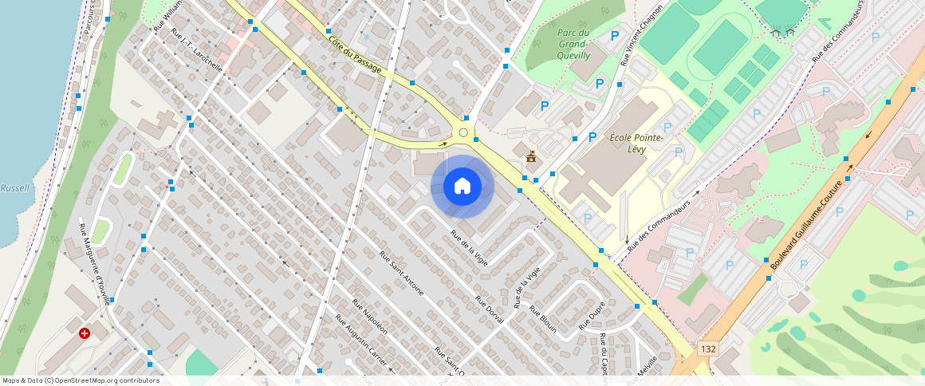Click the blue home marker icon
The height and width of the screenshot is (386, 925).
462,187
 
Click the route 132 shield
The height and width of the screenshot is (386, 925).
707,349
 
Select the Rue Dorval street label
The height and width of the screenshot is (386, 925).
489,309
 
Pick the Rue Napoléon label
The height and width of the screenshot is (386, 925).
371,317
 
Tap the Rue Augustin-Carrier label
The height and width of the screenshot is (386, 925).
361,341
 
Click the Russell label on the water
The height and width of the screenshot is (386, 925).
14,189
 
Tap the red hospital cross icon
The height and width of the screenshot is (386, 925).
85,333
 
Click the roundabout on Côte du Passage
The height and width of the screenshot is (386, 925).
463,132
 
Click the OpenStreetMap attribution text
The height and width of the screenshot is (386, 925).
81,380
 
